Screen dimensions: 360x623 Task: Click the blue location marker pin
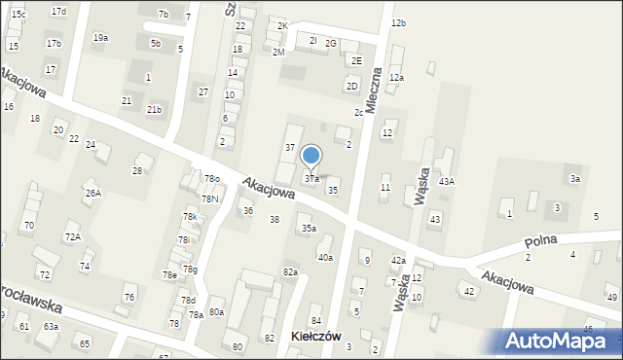(x=311, y=156)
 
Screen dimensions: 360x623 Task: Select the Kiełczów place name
(x=316, y=336)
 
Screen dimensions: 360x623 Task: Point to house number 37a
(x=311, y=179)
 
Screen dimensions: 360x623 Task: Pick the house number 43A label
(x=447, y=181)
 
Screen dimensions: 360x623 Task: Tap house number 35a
(x=308, y=229)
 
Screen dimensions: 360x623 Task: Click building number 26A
(x=92, y=194)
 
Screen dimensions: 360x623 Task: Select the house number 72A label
(x=72, y=236)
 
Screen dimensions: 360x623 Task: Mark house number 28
(x=137, y=170)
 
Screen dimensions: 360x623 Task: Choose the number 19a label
(x=100, y=37)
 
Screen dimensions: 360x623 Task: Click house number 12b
(x=398, y=22)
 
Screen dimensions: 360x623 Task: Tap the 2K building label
(x=282, y=25)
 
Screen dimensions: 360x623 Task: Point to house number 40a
(x=325, y=258)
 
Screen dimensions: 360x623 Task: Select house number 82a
(x=290, y=271)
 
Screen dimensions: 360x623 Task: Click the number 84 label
(x=315, y=321)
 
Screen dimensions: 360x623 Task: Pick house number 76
(x=128, y=297)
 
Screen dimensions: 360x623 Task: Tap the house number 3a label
(x=575, y=178)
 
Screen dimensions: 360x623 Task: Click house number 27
(x=202, y=91)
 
